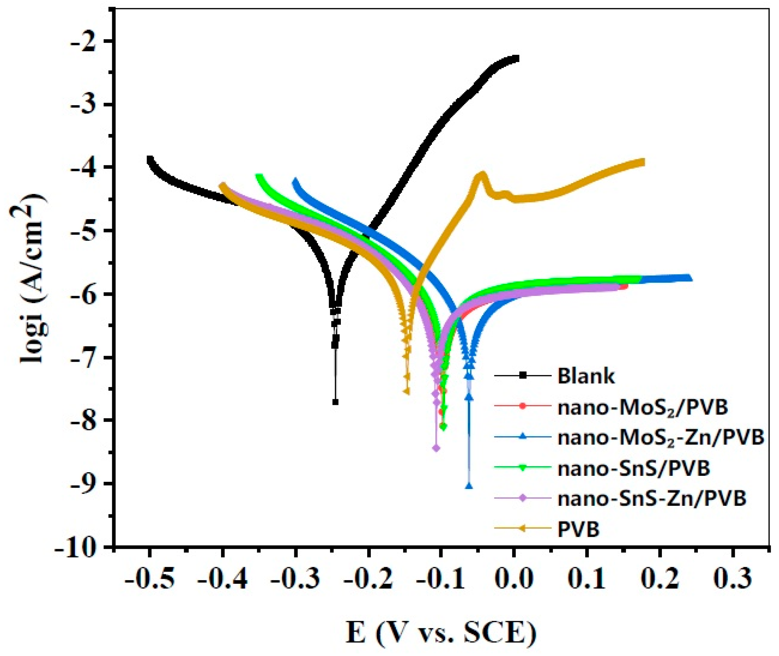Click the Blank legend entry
(x=586, y=377)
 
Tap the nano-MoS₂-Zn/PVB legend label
(x=660, y=438)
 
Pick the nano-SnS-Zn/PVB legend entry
(x=651, y=499)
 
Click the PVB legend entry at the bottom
(x=578, y=530)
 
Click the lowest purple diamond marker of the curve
(x=436, y=448)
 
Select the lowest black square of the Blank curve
(x=336, y=402)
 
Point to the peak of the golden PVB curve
(x=482, y=174)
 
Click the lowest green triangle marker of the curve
(x=443, y=427)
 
